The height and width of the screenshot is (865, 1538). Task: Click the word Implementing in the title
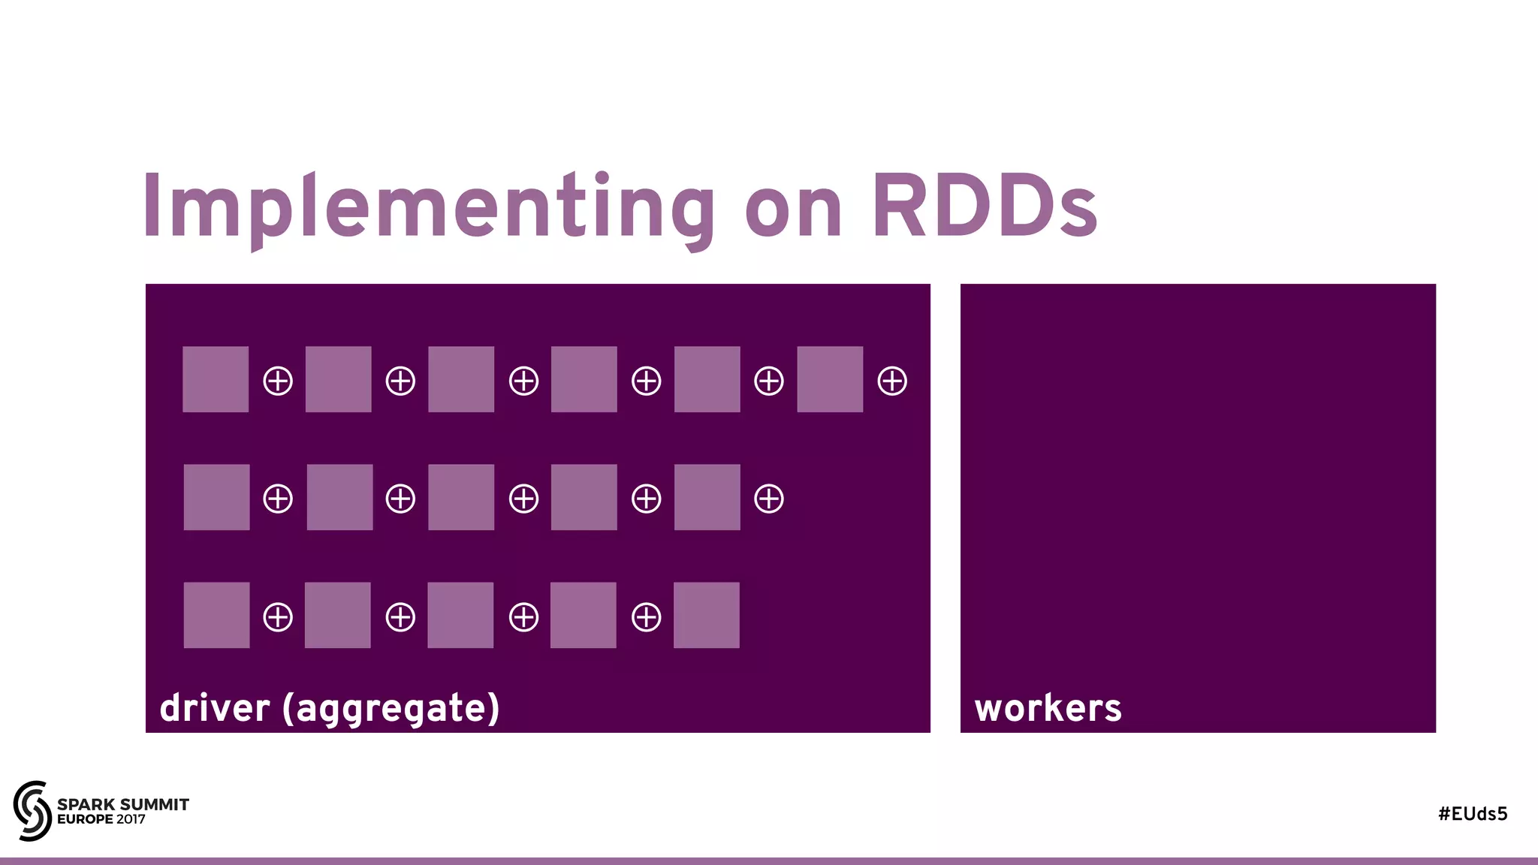pos(428,206)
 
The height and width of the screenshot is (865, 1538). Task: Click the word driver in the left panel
pos(215,708)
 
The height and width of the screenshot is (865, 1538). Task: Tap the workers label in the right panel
pos(1048,708)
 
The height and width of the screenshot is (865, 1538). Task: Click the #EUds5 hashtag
pos(1473,814)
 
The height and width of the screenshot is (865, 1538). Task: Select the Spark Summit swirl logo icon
pos(32,810)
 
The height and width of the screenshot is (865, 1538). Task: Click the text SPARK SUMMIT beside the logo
pos(123,804)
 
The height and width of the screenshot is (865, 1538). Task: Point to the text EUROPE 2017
pos(101,819)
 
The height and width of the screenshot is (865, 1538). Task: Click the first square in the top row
pos(216,379)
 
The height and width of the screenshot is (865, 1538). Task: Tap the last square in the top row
pos(830,379)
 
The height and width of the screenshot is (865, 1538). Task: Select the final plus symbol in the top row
pos(892,381)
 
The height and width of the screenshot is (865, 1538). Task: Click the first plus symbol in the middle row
pos(278,499)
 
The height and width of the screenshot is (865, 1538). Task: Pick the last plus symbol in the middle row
pos(769,499)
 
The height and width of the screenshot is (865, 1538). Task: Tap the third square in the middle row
pos(461,497)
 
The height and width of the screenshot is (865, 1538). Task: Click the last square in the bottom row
pos(707,615)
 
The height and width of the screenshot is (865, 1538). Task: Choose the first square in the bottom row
pos(216,615)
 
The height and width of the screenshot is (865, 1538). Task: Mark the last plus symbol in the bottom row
pos(647,617)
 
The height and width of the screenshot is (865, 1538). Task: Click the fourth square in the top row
pos(584,379)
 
